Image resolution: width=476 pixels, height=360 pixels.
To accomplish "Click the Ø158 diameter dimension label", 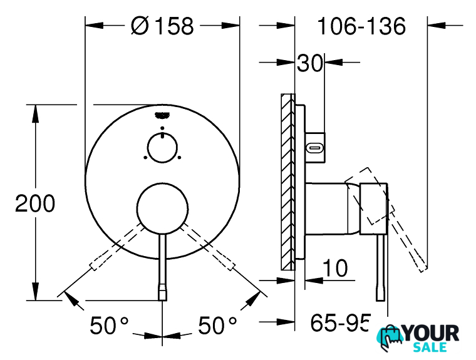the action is (162, 26).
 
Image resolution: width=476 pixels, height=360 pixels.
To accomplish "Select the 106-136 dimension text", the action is (361, 26).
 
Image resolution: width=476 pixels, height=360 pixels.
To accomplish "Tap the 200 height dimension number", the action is (35, 203).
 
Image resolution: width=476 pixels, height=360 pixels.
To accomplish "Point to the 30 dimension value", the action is (309, 63).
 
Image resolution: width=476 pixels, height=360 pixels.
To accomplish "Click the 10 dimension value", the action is (335, 268).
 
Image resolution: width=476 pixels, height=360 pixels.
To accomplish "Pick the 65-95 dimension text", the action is (340, 322).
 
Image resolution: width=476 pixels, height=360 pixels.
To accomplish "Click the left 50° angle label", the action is (109, 326).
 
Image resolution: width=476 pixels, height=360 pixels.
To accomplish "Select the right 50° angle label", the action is (217, 326).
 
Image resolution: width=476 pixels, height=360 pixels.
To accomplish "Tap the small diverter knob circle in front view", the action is (162, 148).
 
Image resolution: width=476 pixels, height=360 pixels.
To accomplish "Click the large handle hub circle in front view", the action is (162, 208).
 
